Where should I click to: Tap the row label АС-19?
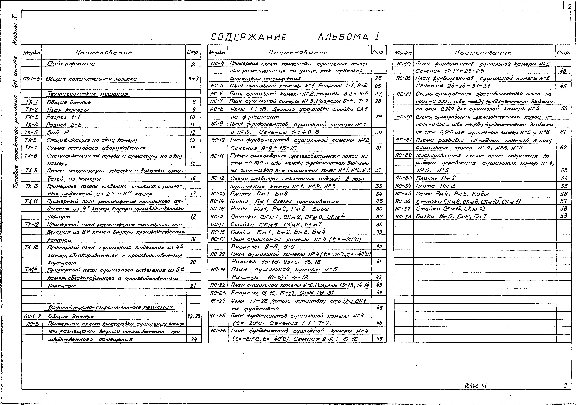(x=217, y=239)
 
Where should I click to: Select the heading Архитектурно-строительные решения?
(x=110, y=308)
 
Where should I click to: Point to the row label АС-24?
(x=217, y=300)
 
